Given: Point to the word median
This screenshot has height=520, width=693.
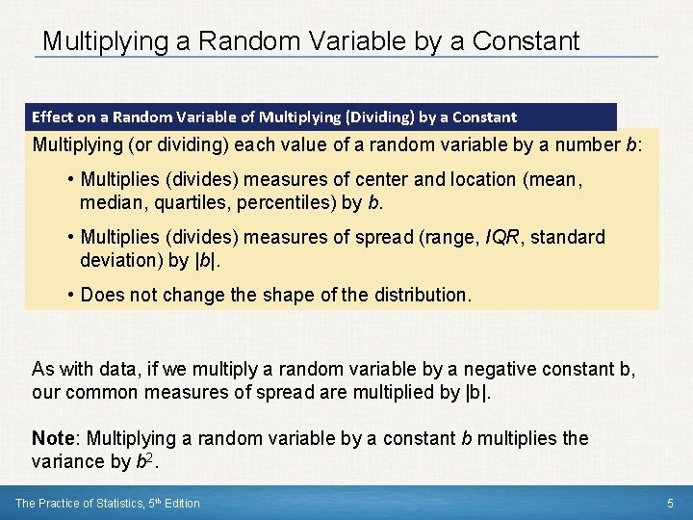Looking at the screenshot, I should pyautogui.click(x=112, y=202).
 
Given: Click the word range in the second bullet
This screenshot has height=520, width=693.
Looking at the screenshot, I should pyautogui.click(x=405, y=237).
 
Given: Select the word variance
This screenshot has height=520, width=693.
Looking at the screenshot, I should pyautogui.click(x=68, y=461).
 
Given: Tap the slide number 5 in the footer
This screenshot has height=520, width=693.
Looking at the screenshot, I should pyautogui.click(x=670, y=504).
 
